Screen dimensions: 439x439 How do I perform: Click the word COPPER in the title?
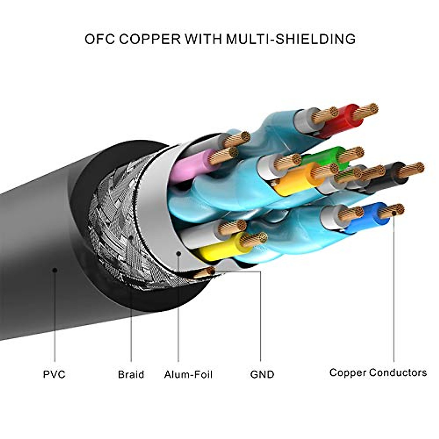click(x=150, y=39)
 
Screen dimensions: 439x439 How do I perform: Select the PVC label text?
click(x=54, y=374)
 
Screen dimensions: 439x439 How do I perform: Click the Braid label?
click(x=131, y=374)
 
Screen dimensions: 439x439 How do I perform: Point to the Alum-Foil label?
click(x=188, y=374)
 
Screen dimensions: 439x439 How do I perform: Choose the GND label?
click(x=262, y=374)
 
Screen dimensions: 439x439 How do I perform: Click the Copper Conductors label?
click(x=378, y=372)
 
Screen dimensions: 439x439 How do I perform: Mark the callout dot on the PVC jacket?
click(x=55, y=270)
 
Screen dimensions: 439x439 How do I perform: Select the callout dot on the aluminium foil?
click(x=179, y=253)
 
